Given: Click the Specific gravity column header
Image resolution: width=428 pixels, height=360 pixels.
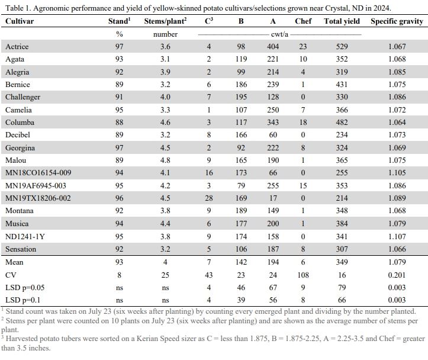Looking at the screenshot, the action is click(397, 21).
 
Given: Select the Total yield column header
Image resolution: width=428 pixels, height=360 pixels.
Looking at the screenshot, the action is click(342, 21).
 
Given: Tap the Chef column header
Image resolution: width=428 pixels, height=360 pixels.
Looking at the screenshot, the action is click(303, 21).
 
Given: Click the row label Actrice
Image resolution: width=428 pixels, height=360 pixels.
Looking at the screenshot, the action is click(17, 47).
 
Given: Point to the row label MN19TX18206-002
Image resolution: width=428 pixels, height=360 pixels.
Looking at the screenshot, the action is click(38, 198).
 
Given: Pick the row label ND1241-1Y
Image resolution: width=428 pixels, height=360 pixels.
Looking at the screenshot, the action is click(25, 236).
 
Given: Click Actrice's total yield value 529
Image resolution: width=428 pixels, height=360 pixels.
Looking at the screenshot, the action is click(342, 47).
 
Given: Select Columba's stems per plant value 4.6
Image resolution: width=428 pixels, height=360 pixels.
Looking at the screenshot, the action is click(165, 123).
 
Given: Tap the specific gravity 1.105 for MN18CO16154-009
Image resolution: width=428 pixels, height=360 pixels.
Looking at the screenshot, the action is click(397, 173).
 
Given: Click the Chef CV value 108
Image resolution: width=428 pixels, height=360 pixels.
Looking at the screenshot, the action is click(303, 275).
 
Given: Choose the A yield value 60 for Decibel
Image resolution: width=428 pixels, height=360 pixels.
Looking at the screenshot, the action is click(273, 135).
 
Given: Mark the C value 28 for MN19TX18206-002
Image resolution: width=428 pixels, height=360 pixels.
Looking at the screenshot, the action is click(209, 198).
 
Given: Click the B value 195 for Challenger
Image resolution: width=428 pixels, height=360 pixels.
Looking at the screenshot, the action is click(241, 97).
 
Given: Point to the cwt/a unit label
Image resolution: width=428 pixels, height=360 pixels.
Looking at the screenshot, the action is click(279, 34).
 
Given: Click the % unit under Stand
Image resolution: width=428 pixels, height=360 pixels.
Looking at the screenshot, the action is click(119, 34).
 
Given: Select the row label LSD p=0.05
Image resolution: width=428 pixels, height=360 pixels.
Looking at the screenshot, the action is click(25, 288).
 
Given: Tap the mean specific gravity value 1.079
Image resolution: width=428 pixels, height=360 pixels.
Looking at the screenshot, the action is click(397, 262).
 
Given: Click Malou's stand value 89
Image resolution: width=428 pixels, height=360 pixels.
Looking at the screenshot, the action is click(119, 160).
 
